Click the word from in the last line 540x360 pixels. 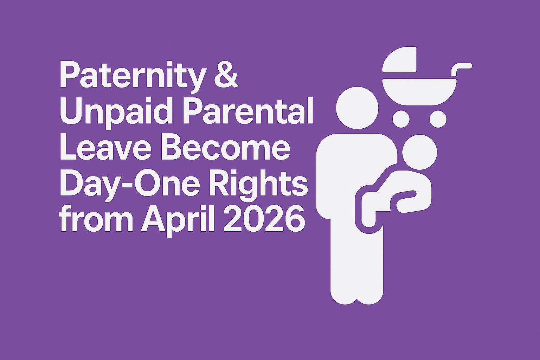97,219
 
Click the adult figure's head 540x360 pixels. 357,108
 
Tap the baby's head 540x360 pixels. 420,152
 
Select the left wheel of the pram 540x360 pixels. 401,119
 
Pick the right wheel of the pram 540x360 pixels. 438,119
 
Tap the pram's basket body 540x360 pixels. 419,92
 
